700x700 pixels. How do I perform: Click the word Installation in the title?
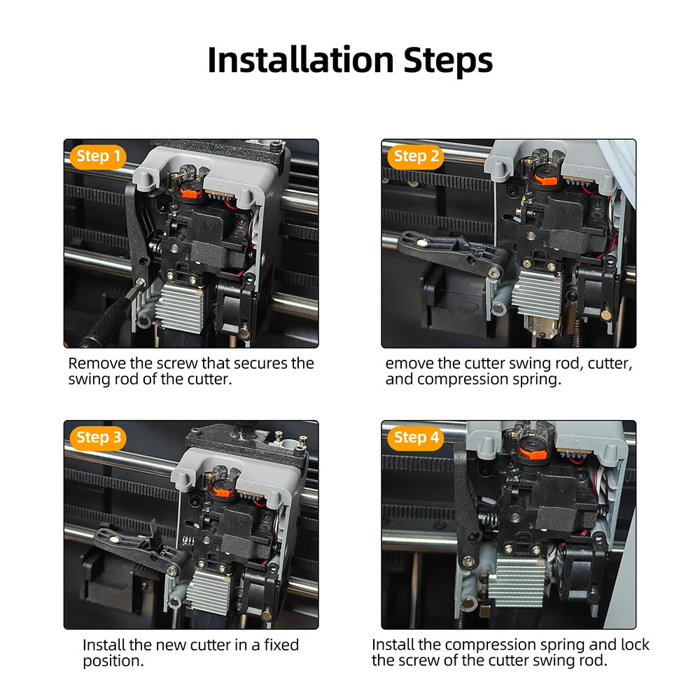pyautogui.click(x=301, y=59)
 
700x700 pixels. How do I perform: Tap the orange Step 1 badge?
pyautogui.click(x=98, y=157)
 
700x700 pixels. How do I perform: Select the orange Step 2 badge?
pyautogui.click(x=416, y=157)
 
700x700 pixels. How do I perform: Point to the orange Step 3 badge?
pyautogui.click(x=98, y=438)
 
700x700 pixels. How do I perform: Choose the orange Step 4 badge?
pyautogui.click(x=416, y=438)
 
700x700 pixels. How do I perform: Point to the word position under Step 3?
pyautogui.click(x=113, y=661)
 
